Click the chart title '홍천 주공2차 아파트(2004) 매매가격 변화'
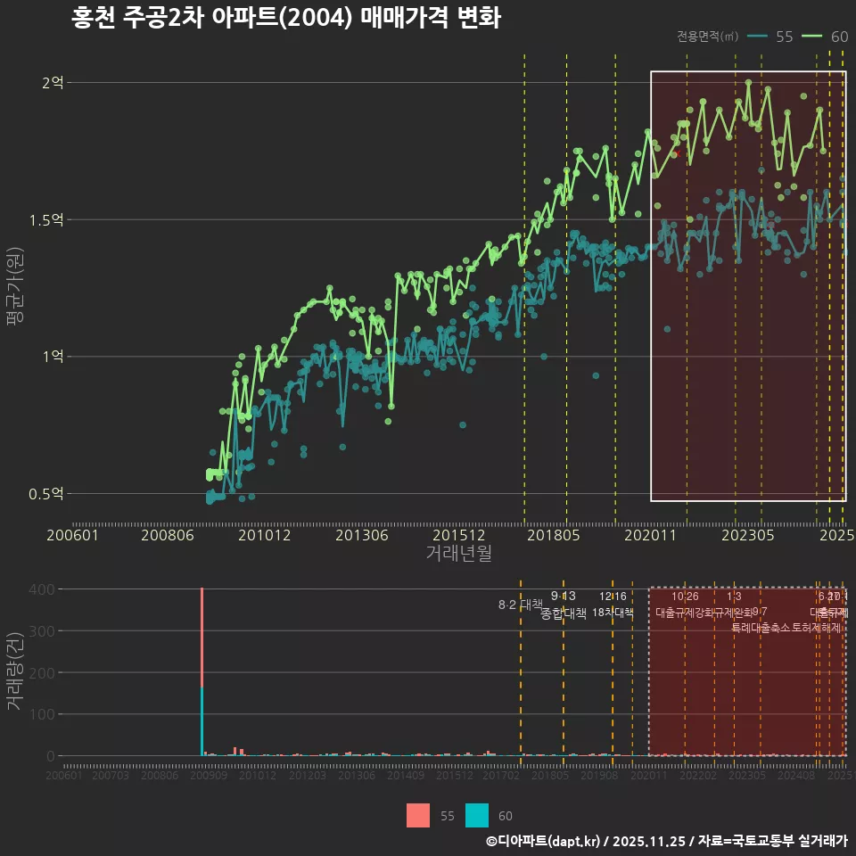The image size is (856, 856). [285, 19]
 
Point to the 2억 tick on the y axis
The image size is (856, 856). [53, 83]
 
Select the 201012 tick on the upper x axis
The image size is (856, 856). [264, 535]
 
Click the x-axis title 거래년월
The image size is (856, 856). [458, 553]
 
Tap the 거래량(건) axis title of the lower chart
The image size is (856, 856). [14, 671]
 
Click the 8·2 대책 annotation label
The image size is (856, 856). [519, 605]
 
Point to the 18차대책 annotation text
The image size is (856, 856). [613, 613]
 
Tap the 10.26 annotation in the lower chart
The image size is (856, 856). [685, 597]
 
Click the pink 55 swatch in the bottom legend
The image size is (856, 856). [418, 815]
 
